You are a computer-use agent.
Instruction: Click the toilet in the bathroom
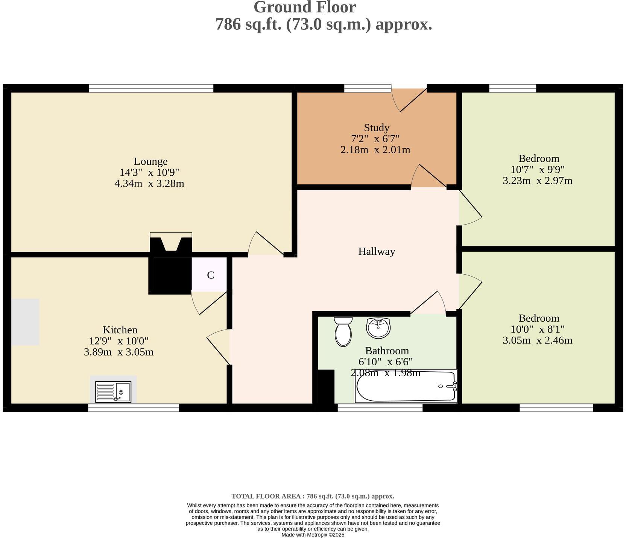tap(343, 332)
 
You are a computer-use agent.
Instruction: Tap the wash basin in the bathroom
tap(378, 328)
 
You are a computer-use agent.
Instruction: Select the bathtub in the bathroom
tap(406, 386)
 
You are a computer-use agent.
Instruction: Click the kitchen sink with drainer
tap(113, 392)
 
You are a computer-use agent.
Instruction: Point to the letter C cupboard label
tap(210, 275)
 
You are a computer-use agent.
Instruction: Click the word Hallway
tap(376, 251)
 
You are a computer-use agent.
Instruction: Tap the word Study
tap(376, 128)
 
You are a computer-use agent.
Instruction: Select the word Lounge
tap(150, 161)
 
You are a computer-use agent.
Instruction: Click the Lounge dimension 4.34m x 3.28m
tap(149, 184)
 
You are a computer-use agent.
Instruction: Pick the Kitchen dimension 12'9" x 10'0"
tap(119, 341)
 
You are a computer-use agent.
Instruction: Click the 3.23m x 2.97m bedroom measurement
tap(537, 181)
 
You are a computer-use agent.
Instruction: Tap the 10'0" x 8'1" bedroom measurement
tap(537, 329)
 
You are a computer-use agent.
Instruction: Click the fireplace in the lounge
tap(171, 243)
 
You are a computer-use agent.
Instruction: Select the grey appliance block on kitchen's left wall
tap(25, 322)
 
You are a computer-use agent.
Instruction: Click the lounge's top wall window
tap(151, 88)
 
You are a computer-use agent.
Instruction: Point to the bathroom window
tap(380, 408)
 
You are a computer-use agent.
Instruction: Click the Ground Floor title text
tap(304, 7)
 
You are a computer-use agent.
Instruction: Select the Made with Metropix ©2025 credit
tap(313, 535)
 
